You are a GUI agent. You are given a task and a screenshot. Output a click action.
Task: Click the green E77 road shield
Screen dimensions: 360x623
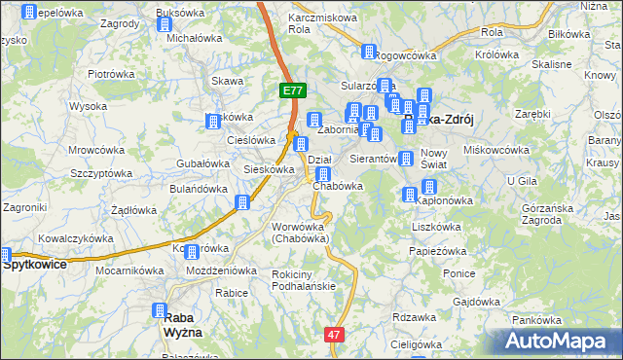point(294,90)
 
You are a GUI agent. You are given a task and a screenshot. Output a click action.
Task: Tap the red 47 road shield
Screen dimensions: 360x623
point(335,335)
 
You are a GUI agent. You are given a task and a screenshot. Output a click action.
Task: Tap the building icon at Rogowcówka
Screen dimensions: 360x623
point(369,53)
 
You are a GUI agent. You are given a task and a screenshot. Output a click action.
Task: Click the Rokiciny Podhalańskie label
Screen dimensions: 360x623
point(303,279)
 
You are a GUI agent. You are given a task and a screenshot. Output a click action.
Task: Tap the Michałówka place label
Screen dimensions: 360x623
point(195,39)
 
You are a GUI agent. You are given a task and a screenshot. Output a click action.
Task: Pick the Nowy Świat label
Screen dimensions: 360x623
point(434,159)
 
